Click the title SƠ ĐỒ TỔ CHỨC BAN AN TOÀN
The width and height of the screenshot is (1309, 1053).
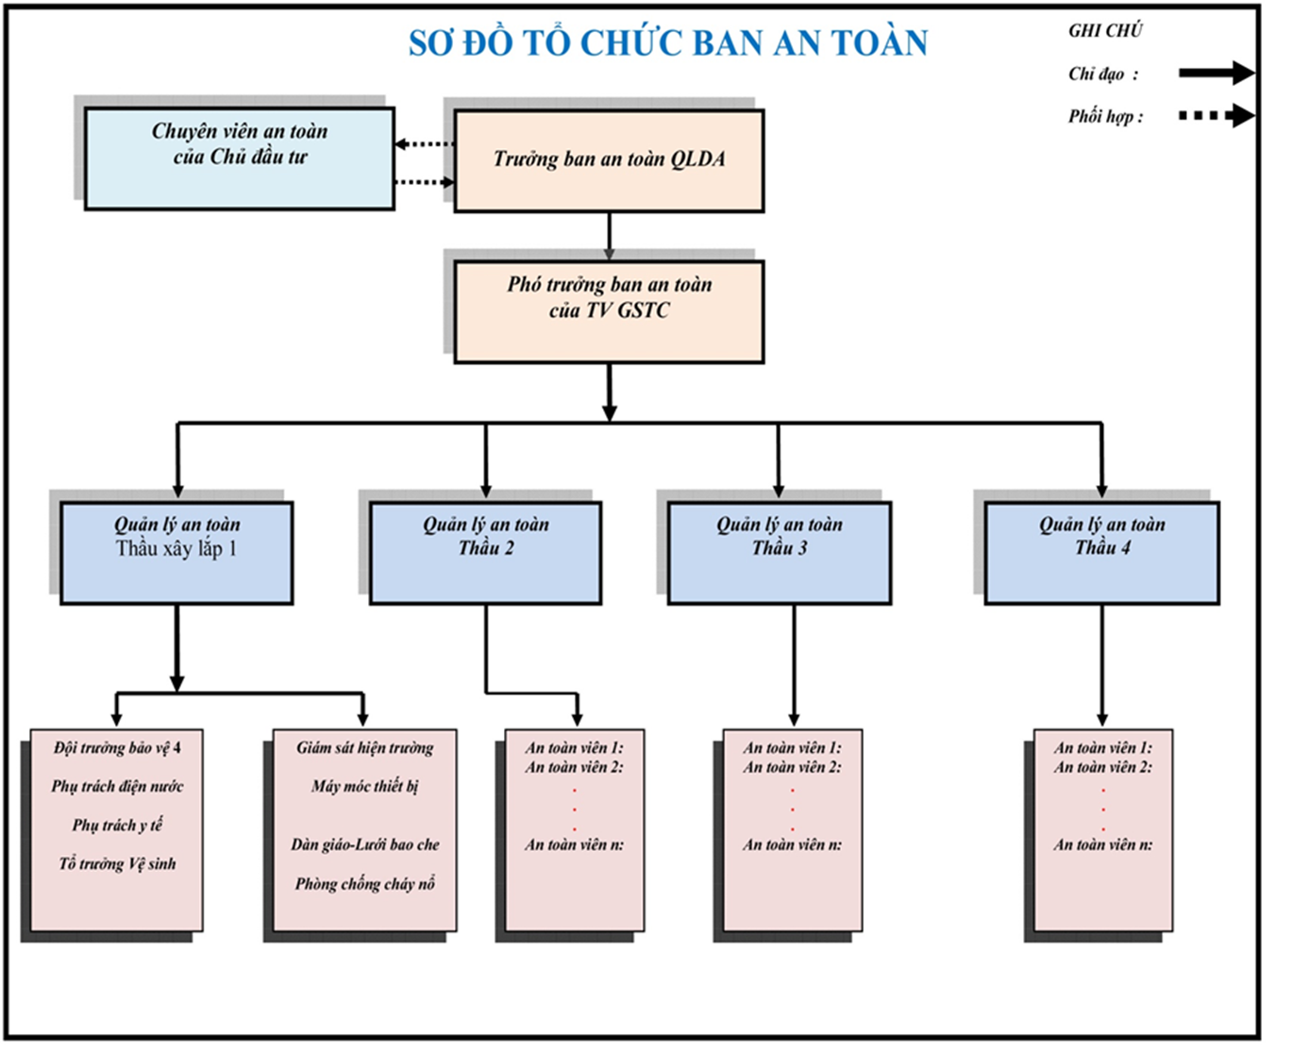[667, 43]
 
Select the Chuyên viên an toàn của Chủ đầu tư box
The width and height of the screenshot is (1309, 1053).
[240, 158]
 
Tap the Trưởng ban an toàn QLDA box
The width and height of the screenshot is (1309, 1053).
[609, 160]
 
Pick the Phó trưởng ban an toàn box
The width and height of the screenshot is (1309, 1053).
[609, 311]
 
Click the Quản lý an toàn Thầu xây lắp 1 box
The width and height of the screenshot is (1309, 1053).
[176, 552]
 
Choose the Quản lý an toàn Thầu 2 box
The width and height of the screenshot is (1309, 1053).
[485, 552]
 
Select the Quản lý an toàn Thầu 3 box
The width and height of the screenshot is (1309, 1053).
[779, 552]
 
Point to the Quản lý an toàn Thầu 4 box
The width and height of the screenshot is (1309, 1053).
[1101, 552]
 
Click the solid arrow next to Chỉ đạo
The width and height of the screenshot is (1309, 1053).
[1216, 73]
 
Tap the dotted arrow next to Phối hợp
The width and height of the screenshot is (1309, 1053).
[1216, 116]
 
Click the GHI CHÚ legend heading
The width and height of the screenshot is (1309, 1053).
[1105, 30]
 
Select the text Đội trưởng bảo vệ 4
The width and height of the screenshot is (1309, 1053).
[117, 748]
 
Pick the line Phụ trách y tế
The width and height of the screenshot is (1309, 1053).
[117, 826]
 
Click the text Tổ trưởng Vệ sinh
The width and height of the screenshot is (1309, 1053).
[117, 864]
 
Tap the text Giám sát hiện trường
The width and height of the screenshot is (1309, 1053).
[364, 748]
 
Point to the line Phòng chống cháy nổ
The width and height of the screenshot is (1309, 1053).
[364, 884]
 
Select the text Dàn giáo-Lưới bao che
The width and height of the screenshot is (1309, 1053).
[364, 844]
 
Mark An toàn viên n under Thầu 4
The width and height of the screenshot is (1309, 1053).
[1102, 845]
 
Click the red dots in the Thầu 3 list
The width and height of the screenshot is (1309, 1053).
[793, 809]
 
